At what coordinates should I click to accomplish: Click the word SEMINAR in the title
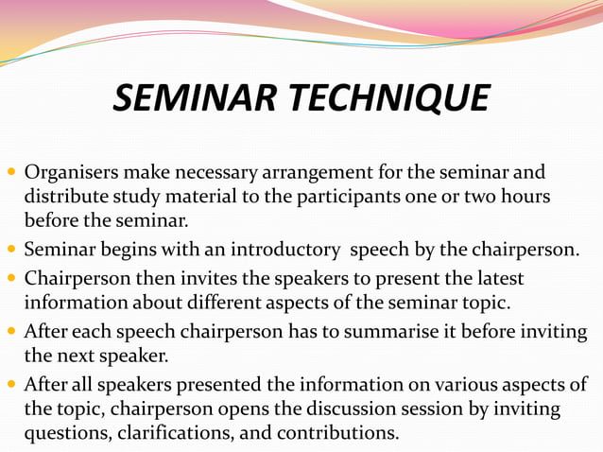pos(189,98)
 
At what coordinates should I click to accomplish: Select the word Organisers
pos(71,174)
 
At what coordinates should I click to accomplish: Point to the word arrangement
pos(325,174)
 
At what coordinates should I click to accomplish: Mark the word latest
pos(496,280)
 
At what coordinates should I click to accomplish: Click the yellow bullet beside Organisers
pos(12,174)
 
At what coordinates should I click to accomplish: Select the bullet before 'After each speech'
pos(12,333)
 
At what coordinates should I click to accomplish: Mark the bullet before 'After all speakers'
pos(12,386)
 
